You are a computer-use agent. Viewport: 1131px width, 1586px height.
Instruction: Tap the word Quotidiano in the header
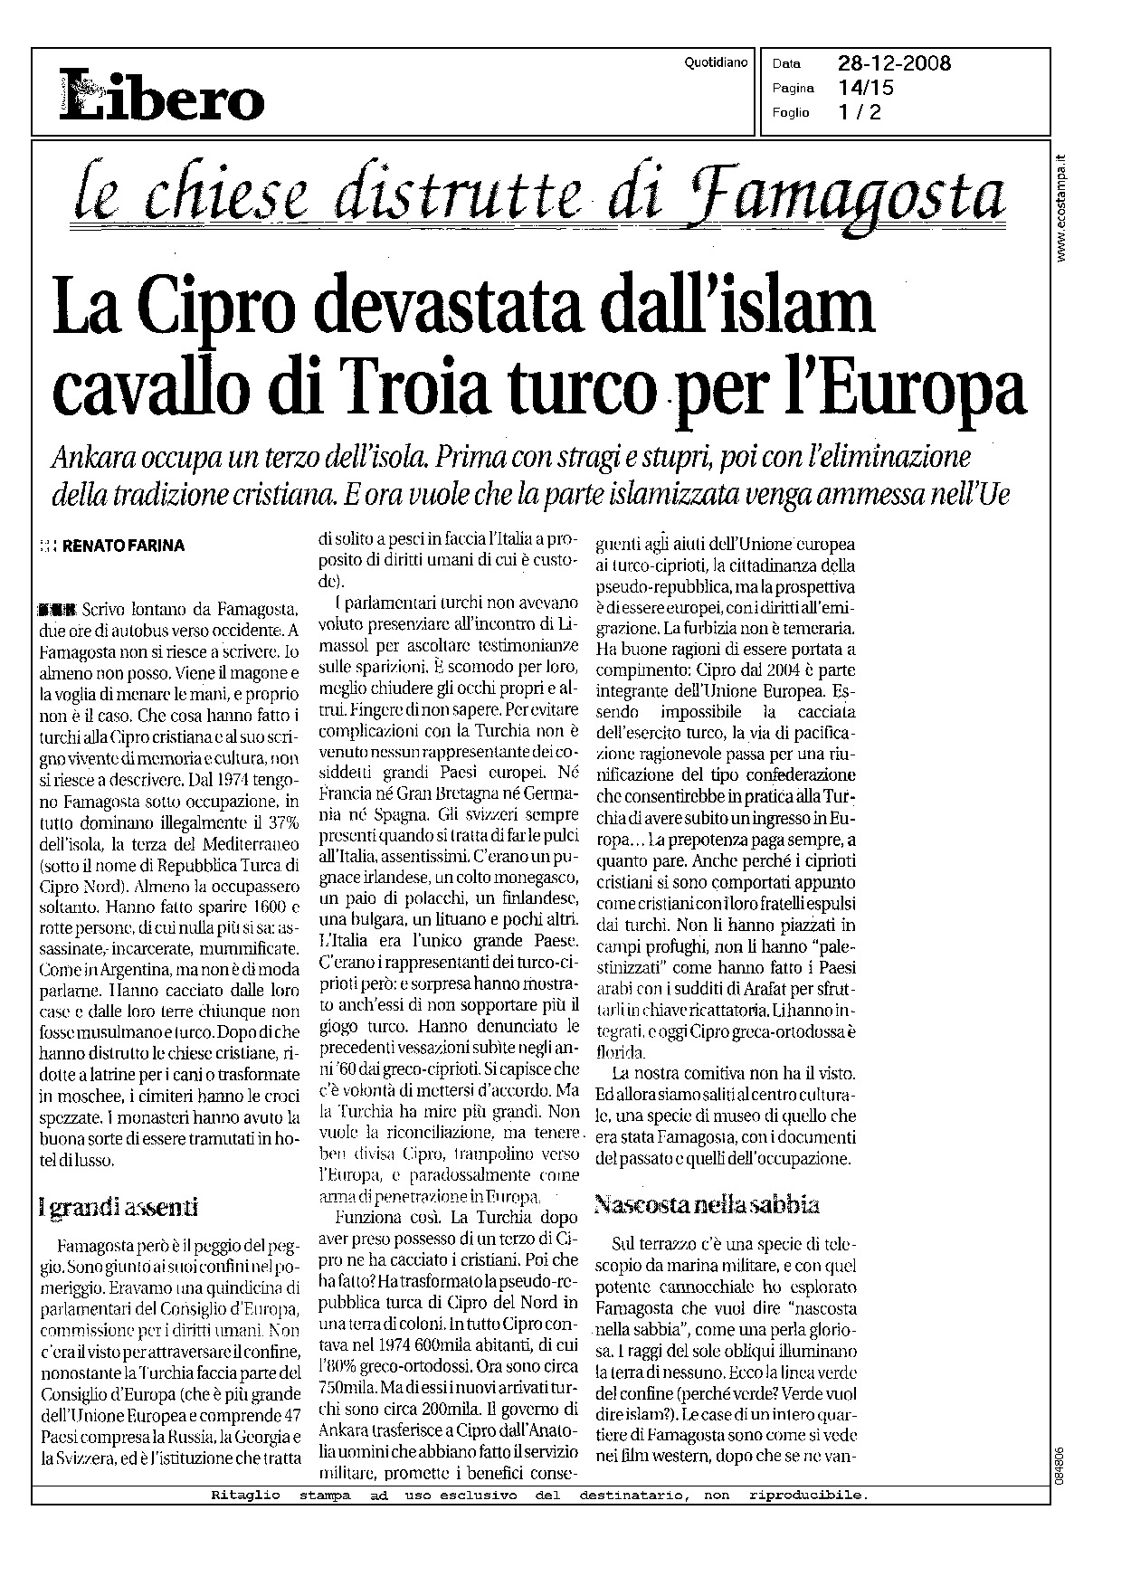click(717, 62)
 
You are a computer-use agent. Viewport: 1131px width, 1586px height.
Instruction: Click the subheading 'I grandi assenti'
click(119, 1206)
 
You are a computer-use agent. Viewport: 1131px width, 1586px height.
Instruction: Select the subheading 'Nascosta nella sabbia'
click(707, 1204)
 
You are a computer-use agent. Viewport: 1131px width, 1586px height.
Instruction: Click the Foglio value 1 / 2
click(859, 112)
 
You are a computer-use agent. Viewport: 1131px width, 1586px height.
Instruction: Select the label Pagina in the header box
click(794, 89)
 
